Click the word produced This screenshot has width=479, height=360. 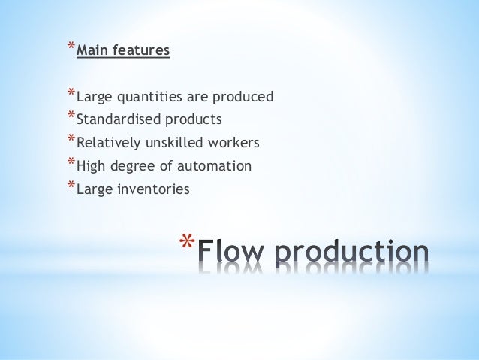pos(245,98)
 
